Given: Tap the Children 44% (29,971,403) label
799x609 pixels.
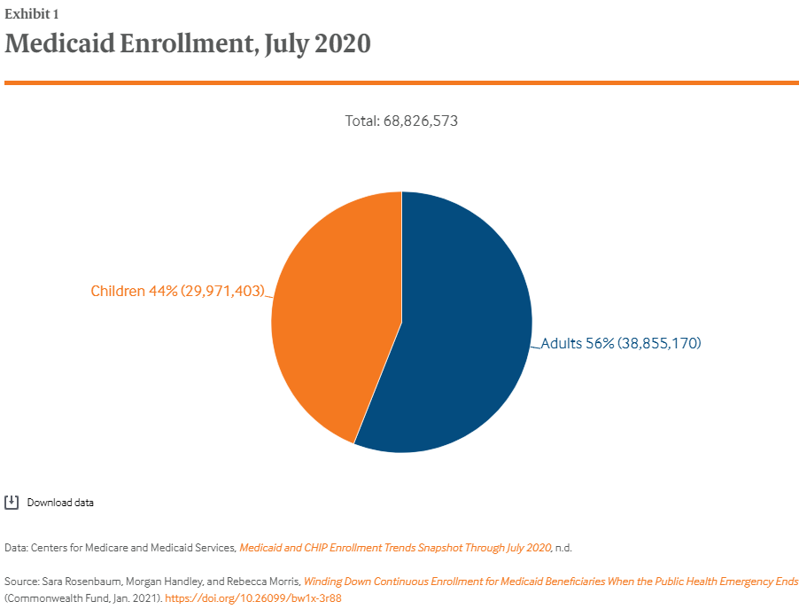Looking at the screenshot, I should coord(178,291).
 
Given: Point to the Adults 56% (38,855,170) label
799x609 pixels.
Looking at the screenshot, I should coord(620,343).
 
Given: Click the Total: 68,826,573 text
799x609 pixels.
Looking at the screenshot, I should coord(401,121).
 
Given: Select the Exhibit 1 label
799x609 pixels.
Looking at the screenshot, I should coord(32,14).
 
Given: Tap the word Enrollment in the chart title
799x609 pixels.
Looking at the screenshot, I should coord(191,43).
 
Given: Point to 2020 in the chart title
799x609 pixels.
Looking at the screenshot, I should coord(340,43).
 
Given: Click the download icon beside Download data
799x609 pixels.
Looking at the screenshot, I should coord(12,503).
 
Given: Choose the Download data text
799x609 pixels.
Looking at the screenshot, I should coord(60,503).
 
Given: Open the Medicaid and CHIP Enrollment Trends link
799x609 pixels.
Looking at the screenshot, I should coord(395,548).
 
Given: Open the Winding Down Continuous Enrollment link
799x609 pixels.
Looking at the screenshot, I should coord(550,582).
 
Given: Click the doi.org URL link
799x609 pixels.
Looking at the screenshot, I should coord(253,598).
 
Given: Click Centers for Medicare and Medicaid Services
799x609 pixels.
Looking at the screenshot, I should coord(133,548).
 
